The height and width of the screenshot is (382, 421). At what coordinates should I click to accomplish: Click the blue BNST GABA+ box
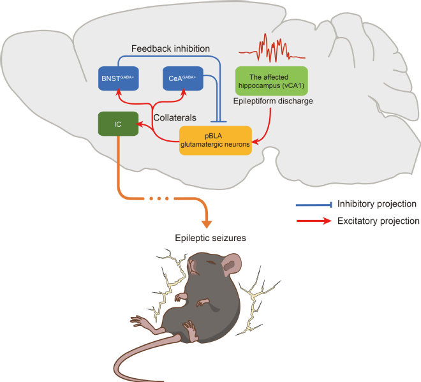point(119,78)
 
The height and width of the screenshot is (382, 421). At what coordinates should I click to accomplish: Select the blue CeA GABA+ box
point(183,78)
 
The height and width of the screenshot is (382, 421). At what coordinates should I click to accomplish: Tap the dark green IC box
point(118,124)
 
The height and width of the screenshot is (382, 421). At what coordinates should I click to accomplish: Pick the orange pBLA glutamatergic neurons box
point(216,140)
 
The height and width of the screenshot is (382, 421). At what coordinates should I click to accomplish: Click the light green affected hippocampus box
point(272,81)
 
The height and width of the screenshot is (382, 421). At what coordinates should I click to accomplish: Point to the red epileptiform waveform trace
point(272,48)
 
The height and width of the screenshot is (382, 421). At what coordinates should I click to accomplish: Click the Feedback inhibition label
point(170,48)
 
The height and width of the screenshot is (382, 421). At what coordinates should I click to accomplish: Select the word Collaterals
point(175,117)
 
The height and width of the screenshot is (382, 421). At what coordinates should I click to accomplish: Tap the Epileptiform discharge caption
point(273,101)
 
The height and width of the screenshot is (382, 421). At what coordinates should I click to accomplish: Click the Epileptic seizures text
point(211,238)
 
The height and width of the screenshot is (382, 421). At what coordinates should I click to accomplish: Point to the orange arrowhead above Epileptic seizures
point(207,224)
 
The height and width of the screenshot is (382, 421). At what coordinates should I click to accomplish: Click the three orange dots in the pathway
point(159,198)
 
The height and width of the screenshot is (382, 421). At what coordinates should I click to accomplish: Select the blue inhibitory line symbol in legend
point(314,205)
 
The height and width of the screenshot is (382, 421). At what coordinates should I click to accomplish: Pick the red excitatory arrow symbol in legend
point(314,221)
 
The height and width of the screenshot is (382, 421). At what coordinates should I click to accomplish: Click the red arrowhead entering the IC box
point(139,124)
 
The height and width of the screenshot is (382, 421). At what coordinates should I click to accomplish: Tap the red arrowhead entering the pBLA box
point(255,141)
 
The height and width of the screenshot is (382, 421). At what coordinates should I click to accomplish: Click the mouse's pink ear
point(230,265)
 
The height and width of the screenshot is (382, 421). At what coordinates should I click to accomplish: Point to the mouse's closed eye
point(211,261)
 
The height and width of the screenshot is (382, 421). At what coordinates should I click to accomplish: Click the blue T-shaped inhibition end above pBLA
point(219,122)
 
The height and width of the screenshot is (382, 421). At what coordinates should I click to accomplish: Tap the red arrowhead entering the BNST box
point(119,92)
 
